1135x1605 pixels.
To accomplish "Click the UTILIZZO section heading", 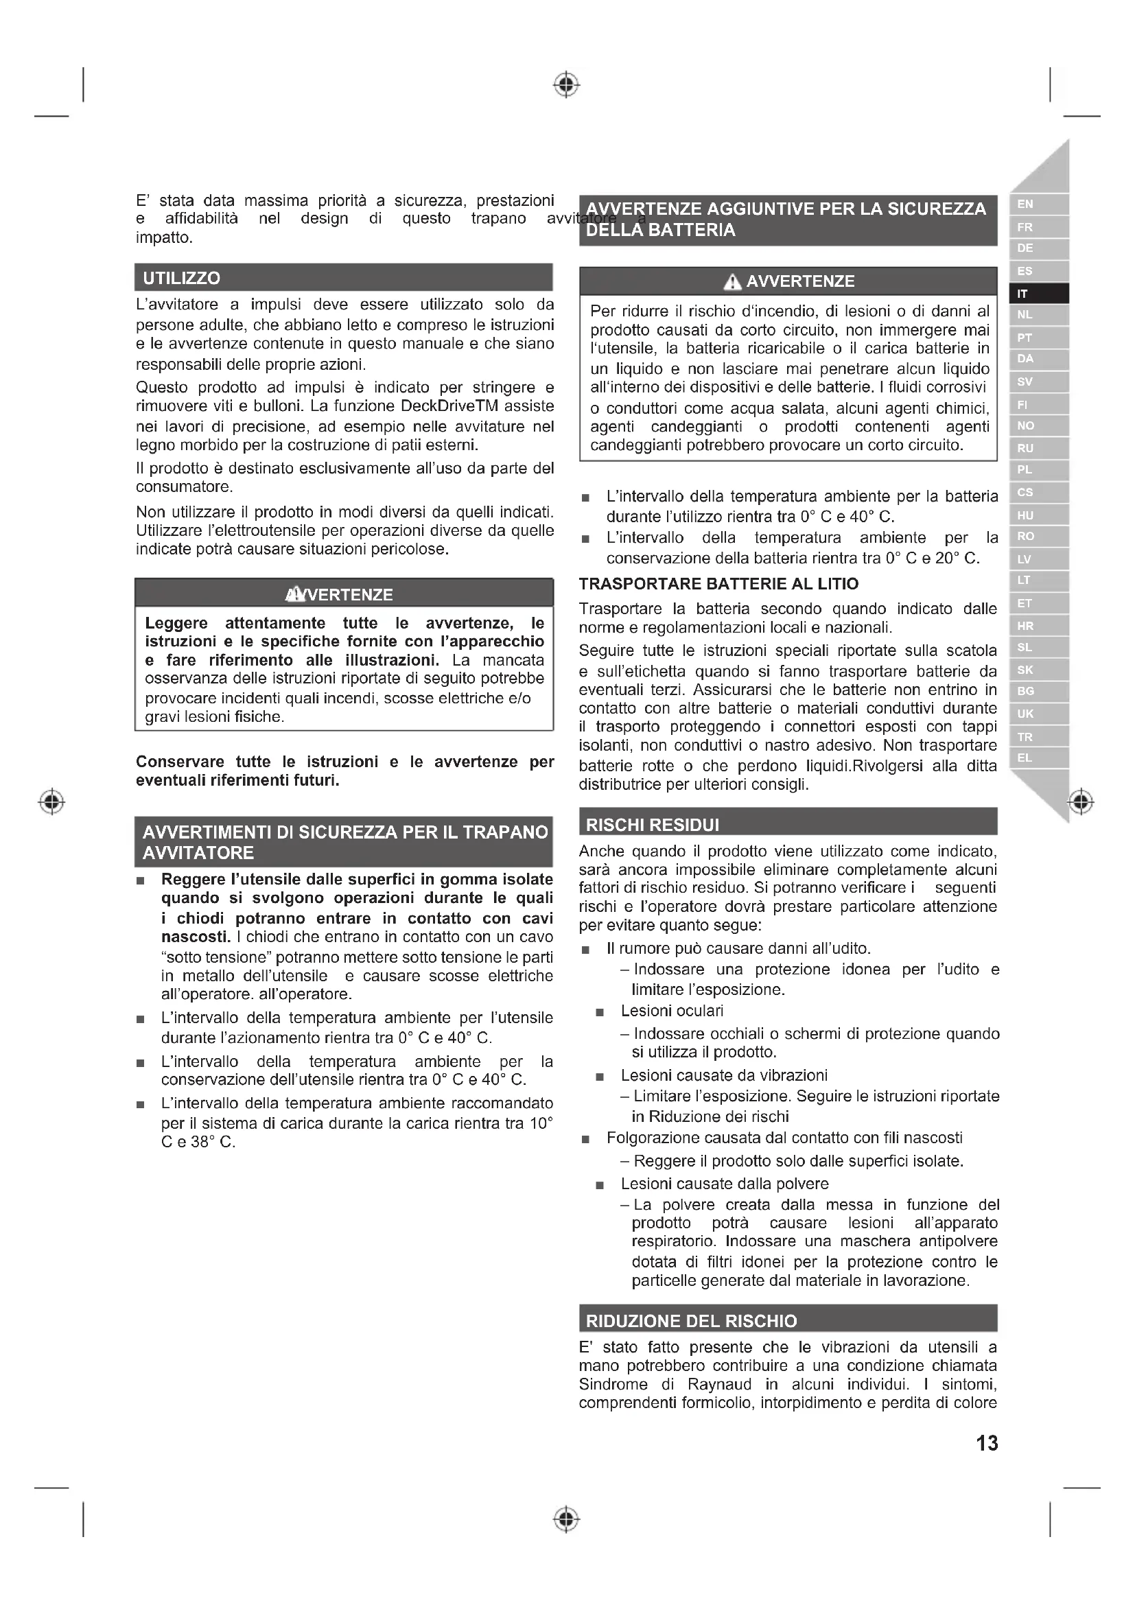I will pos(181,278).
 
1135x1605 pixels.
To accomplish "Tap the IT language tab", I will pos(1022,294).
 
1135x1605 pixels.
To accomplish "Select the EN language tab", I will pos(1025,204).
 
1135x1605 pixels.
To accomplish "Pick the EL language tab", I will pos(1025,758).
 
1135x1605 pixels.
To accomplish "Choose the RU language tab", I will pos(1025,448).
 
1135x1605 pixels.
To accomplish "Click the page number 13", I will pos(986,1444).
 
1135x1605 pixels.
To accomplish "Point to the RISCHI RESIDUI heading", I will pos(652,825).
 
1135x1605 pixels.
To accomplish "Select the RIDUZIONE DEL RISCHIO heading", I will pos(690,1321).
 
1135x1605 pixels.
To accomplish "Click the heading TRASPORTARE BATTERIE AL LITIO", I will pos(718,584).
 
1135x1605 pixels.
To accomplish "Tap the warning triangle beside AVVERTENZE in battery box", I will pos(732,282).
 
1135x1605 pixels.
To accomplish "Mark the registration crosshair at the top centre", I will pos(566,84).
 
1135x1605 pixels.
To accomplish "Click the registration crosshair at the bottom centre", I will pos(566,1519).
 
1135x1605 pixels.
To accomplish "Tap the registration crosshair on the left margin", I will pos(51,801).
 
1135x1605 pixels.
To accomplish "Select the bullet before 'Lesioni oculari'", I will pos(599,1012).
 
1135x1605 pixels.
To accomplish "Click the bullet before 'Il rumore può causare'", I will pos(585,950).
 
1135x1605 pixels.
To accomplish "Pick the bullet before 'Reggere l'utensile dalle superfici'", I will pos(141,881).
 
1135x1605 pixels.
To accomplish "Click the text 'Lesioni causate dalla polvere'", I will pos(724,1184).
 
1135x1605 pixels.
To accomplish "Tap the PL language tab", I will pos(1025,470).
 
